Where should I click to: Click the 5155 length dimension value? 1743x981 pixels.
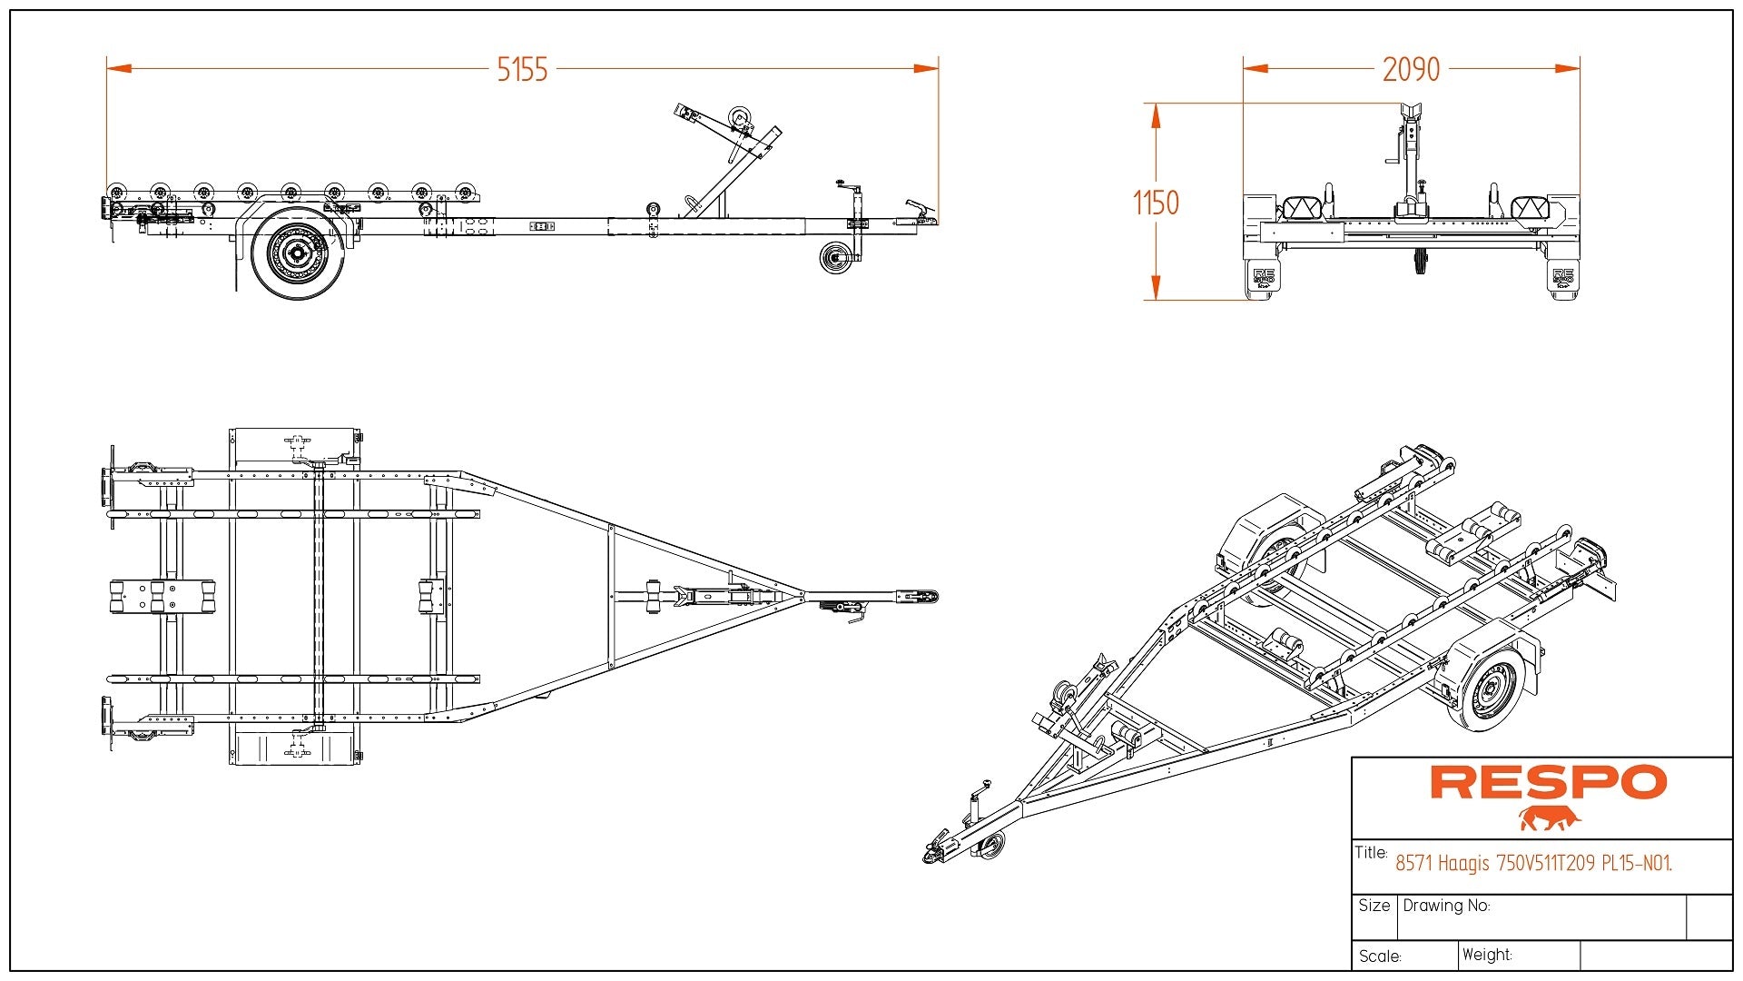pyautogui.click(x=522, y=69)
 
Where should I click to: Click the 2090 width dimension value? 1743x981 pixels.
pyautogui.click(x=1411, y=69)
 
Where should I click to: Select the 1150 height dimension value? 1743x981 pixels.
pyautogui.click(x=1156, y=203)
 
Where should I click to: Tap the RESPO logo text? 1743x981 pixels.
pyautogui.click(x=1548, y=782)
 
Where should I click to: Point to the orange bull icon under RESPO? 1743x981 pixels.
pyautogui.click(x=1550, y=818)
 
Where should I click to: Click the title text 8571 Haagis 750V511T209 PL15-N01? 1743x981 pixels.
pyautogui.click(x=1533, y=863)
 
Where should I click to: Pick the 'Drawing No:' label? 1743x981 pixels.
pyautogui.click(x=1446, y=906)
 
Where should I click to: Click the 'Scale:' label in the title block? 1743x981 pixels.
pyautogui.click(x=1380, y=956)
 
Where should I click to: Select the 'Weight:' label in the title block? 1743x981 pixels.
pyautogui.click(x=1487, y=955)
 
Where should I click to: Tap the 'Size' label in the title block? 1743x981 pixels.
pyautogui.click(x=1374, y=906)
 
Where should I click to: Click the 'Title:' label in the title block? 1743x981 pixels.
pyautogui.click(x=1371, y=852)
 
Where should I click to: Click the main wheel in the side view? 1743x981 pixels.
pyautogui.click(x=297, y=253)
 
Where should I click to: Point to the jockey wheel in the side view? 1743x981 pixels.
pyautogui.click(x=833, y=257)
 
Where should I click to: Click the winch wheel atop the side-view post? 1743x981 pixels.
pyautogui.click(x=740, y=117)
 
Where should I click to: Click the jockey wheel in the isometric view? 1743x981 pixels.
pyautogui.click(x=992, y=846)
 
